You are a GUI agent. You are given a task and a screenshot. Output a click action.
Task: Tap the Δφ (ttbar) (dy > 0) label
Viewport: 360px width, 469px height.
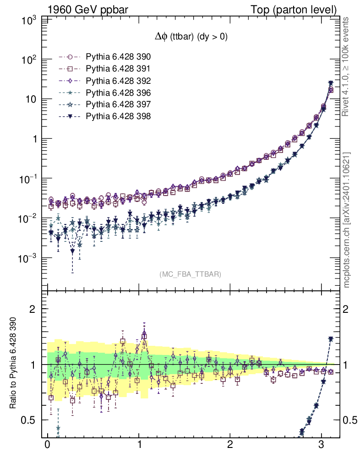(x=191, y=38)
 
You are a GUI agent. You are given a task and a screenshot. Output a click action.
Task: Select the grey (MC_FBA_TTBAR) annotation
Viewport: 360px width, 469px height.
(x=191, y=274)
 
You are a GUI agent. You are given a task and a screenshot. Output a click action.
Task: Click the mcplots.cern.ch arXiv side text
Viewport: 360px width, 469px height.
(x=346, y=220)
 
